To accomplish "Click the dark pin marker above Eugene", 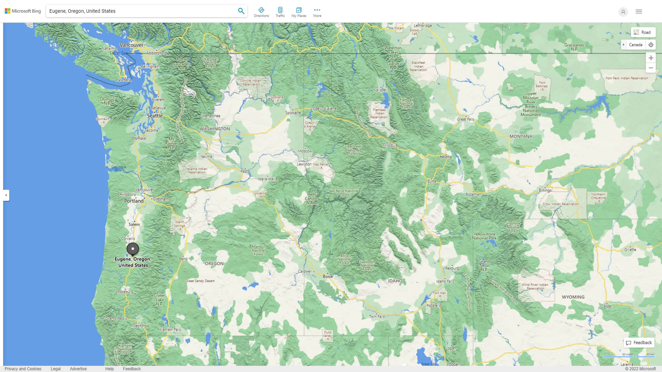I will [133, 249].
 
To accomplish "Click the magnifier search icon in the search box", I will [241, 11].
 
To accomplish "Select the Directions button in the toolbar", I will [261, 12].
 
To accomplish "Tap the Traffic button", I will [280, 12].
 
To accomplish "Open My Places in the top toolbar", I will [299, 12].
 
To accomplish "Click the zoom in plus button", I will [651, 58].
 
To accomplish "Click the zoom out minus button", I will [651, 68].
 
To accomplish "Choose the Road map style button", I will [643, 32].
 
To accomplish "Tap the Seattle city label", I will [154, 116].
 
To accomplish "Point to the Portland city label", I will [134, 201].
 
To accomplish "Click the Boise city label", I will [328, 277].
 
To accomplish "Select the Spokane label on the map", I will [293, 113].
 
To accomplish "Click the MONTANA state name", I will [521, 136].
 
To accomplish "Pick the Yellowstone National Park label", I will [484, 236].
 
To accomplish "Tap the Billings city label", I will [545, 190].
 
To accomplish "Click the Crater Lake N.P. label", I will [159, 300].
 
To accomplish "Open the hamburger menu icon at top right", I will [639, 12].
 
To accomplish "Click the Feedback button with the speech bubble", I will [639, 343].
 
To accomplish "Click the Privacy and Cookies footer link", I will [23, 369].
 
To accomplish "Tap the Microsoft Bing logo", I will [23, 11].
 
